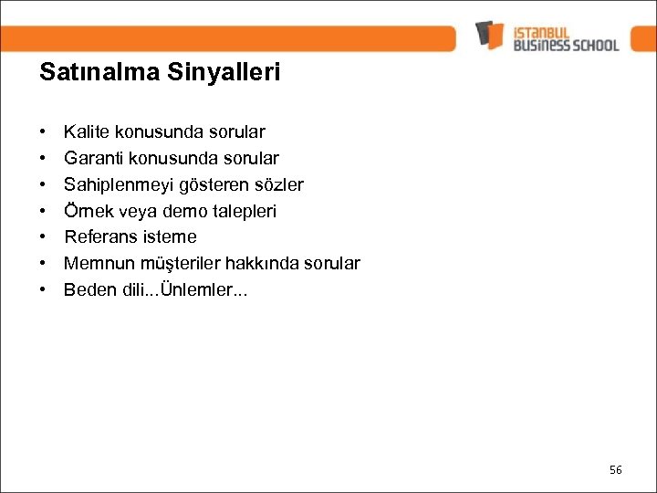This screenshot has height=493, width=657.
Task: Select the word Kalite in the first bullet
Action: coord(84,133)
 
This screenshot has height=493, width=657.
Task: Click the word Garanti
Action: coord(90,159)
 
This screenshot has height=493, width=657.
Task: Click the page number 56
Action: coord(615,469)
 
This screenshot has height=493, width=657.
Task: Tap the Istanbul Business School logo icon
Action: coord(490,35)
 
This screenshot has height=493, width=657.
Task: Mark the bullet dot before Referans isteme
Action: coord(44,237)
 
